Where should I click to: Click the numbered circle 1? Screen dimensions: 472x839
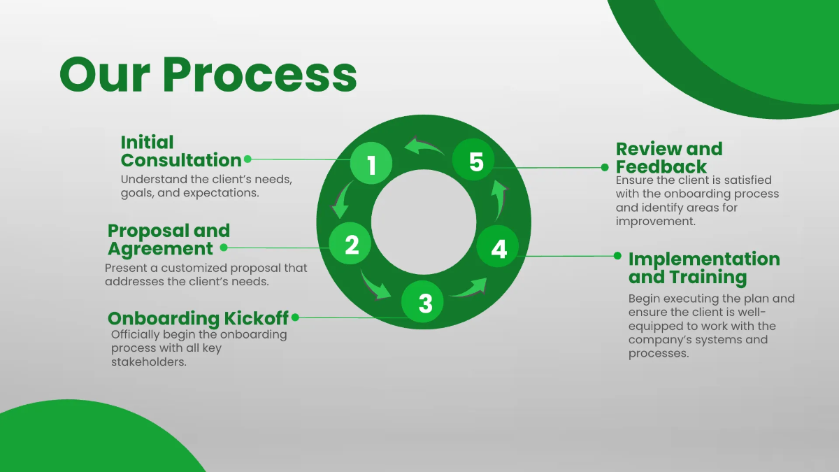pyautogui.click(x=371, y=164)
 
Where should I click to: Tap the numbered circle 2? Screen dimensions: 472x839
pyautogui.click(x=351, y=243)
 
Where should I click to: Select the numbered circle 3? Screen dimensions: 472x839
pyautogui.click(x=425, y=302)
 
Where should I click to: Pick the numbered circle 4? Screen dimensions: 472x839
pyautogui.click(x=498, y=248)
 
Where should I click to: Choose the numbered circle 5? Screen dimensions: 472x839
pyautogui.click(x=475, y=162)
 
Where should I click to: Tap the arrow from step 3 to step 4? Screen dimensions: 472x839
pyautogui.click(x=469, y=288)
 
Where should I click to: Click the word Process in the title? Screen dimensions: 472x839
pyautogui.click(x=259, y=73)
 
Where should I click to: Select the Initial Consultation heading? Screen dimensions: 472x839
pyautogui.click(x=181, y=151)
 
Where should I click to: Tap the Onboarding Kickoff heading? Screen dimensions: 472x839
pyautogui.click(x=198, y=318)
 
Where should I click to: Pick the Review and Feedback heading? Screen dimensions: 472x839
pyautogui.click(x=668, y=157)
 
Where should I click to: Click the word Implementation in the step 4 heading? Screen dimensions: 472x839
pyautogui.click(x=704, y=259)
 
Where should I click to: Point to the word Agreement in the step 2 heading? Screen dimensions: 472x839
pyautogui.click(x=160, y=248)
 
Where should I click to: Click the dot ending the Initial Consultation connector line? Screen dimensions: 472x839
pyautogui.click(x=248, y=159)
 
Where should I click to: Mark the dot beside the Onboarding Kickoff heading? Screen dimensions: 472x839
pyautogui.click(x=295, y=317)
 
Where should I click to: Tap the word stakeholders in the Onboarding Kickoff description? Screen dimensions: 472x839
pyautogui.click(x=148, y=362)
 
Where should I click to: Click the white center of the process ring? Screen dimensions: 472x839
pyautogui.click(x=424, y=223)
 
